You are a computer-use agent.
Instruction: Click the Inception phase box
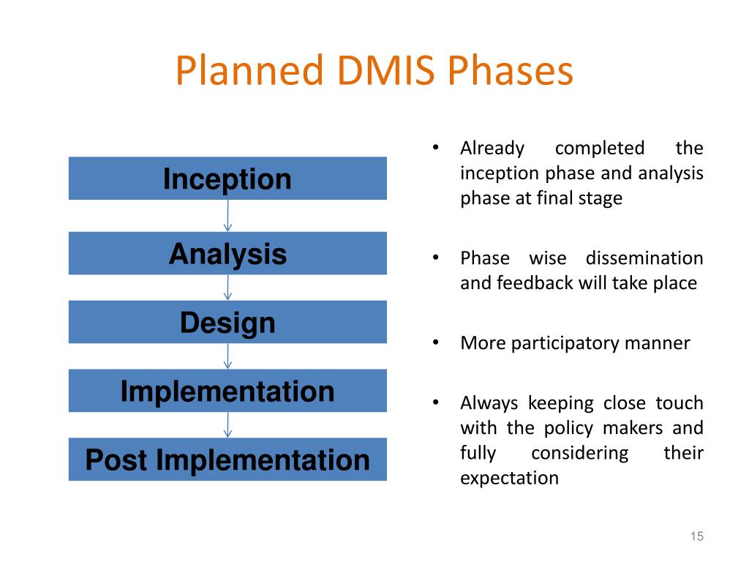click(x=227, y=179)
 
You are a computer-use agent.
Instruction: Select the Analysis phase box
click(x=227, y=254)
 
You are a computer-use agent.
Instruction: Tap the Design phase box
click(x=227, y=322)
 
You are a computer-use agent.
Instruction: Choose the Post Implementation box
click(x=227, y=460)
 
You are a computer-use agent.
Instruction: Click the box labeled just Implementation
click(x=227, y=391)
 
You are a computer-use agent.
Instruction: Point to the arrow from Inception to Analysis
click(x=227, y=216)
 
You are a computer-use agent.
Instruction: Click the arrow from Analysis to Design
click(x=227, y=288)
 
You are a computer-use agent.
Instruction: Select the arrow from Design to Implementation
click(x=227, y=356)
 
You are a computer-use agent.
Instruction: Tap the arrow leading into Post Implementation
click(x=227, y=425)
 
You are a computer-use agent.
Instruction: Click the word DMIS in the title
click(x=385, y=72)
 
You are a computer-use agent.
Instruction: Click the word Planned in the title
click(x=249, y=72)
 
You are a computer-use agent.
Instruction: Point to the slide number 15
click(x=696, y=537)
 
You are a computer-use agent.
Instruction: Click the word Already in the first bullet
click(x=492, y=149)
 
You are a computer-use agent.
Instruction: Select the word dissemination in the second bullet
click(x=644, y=258)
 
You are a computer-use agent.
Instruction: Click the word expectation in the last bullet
click(x=509, y=479)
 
